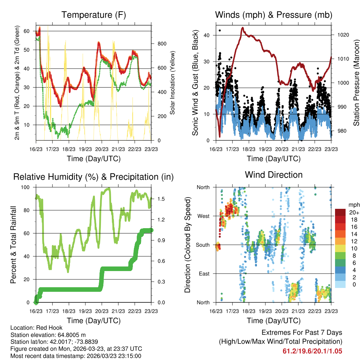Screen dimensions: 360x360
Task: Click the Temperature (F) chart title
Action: click(94, 15)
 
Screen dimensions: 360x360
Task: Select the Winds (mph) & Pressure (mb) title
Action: click(274, 15)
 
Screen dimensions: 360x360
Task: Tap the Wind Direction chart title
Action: click(274, 174)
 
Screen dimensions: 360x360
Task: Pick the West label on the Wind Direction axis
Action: click(203, 216)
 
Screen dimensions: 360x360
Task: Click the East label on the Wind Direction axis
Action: click(204, 274)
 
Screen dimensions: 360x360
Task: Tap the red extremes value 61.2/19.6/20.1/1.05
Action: click(312, 351)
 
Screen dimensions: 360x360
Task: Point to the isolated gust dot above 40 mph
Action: click(220, 31)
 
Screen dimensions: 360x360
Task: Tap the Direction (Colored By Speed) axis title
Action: click(187, 245)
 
